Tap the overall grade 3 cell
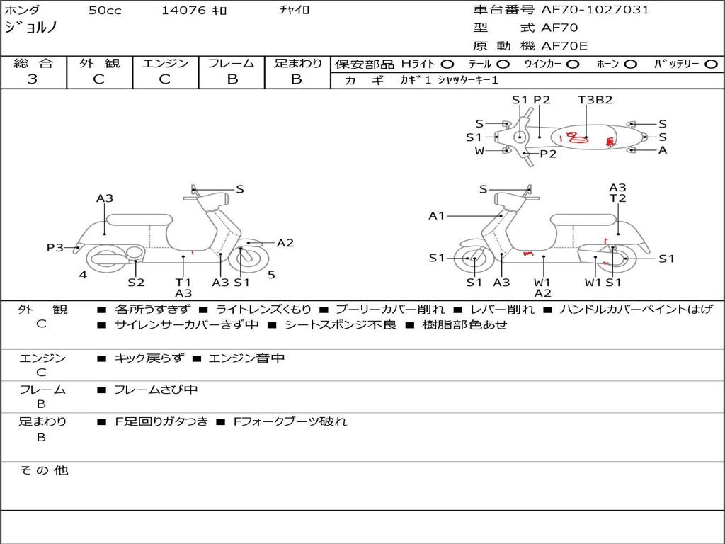pyautogui.click(x=33, y=79)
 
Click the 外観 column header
pyautogui.click(x=99, y=64)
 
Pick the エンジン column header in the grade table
pyautogui.click(x=165, y=64)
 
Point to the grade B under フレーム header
pyautogui.click(x=232, y=79)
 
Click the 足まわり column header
pyautogui.click(x=297, y=64)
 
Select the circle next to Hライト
pyautogui.click(x=447, y=64)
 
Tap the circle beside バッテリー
pyautogui.click(x=711, y=64)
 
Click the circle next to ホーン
pyautogui.click(x=630, y=64)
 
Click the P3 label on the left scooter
pyautogui.click(x=55, y=247)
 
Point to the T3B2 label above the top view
pyautogui.click(x=595, y=100)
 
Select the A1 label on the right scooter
pyautogui.click(x=437, y=215)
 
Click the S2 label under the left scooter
pyautogui.click(x=136, y=282)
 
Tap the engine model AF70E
pyautogui.click(x=564, y=46)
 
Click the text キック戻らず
pyautogui.click(x=148, y=358)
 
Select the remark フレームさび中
pyautogui.click(x=156, y=390)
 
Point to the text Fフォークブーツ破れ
pyautogui.click(x=290, y=421)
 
